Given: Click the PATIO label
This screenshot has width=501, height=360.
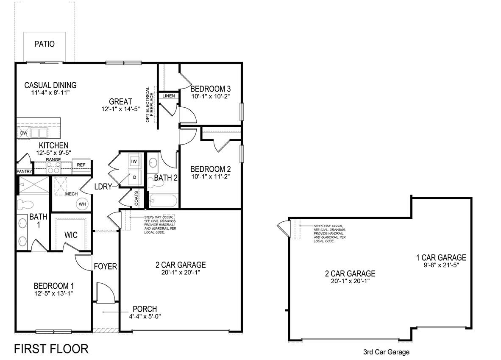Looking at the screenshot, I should pyautogui.click(x=45, y=44).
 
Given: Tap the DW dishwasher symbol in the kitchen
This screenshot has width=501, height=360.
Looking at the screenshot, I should pyautogui.click(x=23, y=133).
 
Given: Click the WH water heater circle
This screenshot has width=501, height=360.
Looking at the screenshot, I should pyautogui.click(x=82, y=204).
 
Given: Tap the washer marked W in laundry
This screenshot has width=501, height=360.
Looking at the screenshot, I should pyautogui.click(x=134, y=161).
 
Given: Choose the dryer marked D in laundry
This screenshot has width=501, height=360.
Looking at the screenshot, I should pyautogui.click(x=134, y=178).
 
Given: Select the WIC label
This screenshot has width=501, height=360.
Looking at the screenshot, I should pyautogui.click(x=71, y=235).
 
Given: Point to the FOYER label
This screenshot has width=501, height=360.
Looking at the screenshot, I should pyautogui.click(x=105, y=267).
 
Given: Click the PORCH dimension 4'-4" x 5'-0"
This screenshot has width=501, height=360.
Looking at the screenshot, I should pyautogui.click(x=145, y=316).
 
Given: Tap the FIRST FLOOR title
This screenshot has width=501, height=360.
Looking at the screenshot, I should pyautogui.click(x=51, y=349).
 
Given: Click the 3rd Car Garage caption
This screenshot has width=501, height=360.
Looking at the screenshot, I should pyautogui.click(x=386, y=352).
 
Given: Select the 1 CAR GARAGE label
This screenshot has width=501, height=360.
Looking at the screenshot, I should pyautogui.click(x=441, y=257).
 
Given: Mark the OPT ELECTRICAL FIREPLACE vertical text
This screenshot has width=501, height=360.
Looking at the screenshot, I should pyautogui.click(x=150, y=105).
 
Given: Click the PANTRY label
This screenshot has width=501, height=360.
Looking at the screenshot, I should pyautogui.click(x=24, y=171).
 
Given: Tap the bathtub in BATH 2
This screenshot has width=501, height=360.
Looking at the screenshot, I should pyautogui.click(x=163, y=201).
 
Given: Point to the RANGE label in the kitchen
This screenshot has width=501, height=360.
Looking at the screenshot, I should pyautogui.click(x=53, y=159).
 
